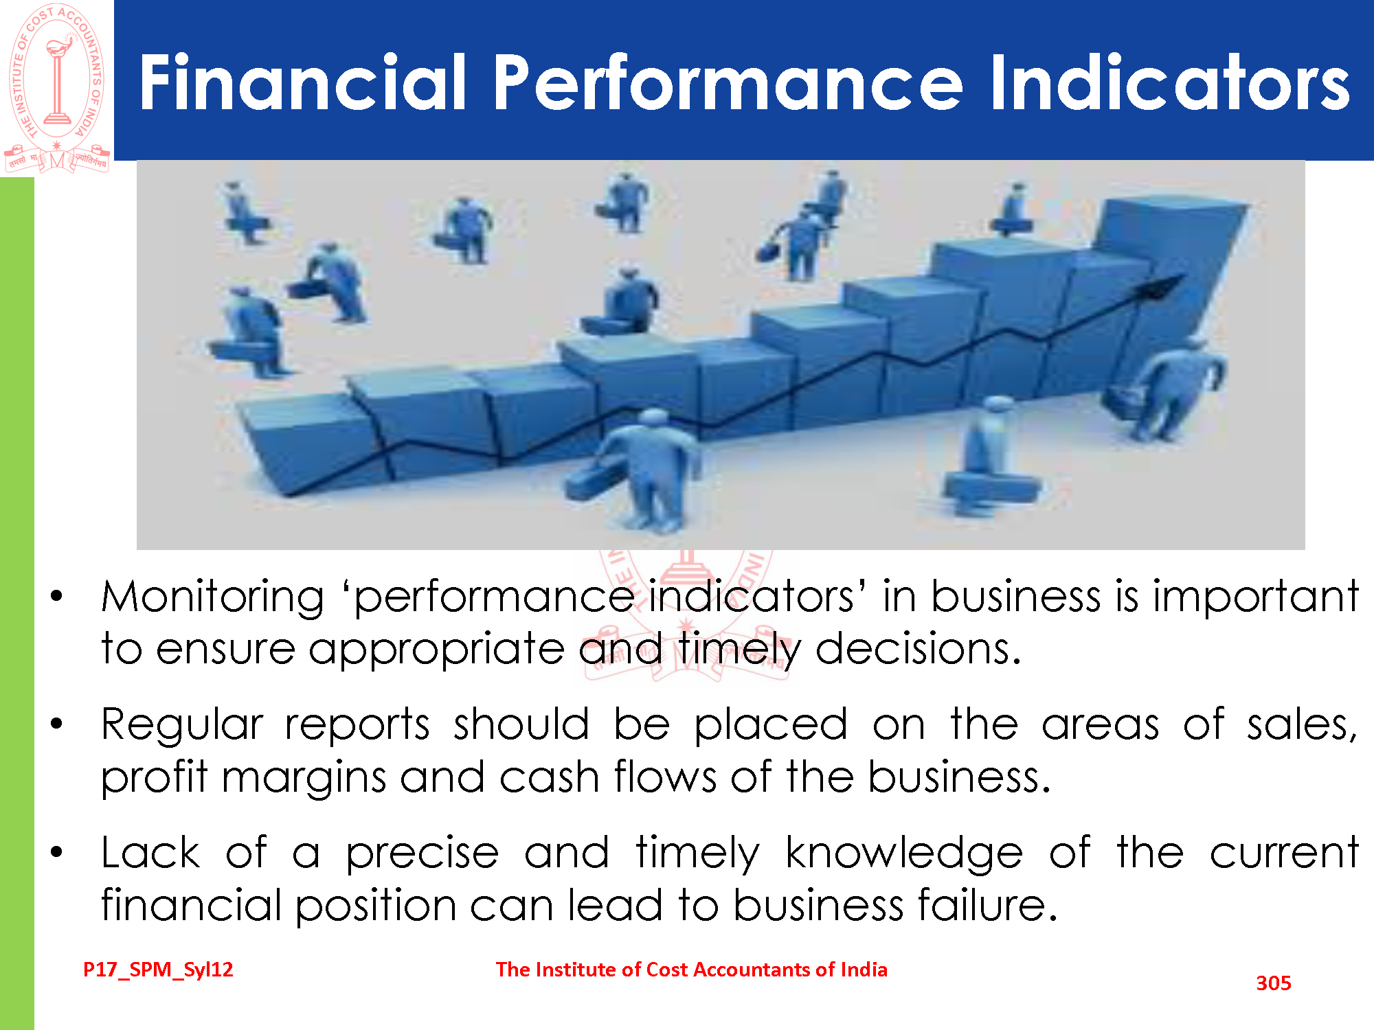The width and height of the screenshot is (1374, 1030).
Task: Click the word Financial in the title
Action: tap(303, 82)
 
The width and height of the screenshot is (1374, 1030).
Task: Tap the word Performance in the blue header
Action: tap(729, 82)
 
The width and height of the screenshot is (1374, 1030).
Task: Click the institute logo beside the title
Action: tap(57, 88)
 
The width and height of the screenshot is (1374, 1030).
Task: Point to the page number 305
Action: tap(1274, 983)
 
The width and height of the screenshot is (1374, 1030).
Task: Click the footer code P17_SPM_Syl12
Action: tap(158, 970)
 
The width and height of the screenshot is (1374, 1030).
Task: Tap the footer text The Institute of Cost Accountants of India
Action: tap(692, 970)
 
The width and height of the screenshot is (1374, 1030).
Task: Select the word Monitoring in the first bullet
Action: tap(212, 596)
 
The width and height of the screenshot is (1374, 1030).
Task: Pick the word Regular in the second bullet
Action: tap(182, 725)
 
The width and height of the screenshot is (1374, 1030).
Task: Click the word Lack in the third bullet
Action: tap(150, 853)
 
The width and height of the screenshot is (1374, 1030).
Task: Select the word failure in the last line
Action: tap(987, 904)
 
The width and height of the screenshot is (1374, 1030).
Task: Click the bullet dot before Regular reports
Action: tap(56, 723)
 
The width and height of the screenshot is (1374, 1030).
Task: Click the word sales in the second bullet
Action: tap(1303, 725)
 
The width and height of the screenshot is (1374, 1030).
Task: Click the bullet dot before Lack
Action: tap(56, 852)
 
